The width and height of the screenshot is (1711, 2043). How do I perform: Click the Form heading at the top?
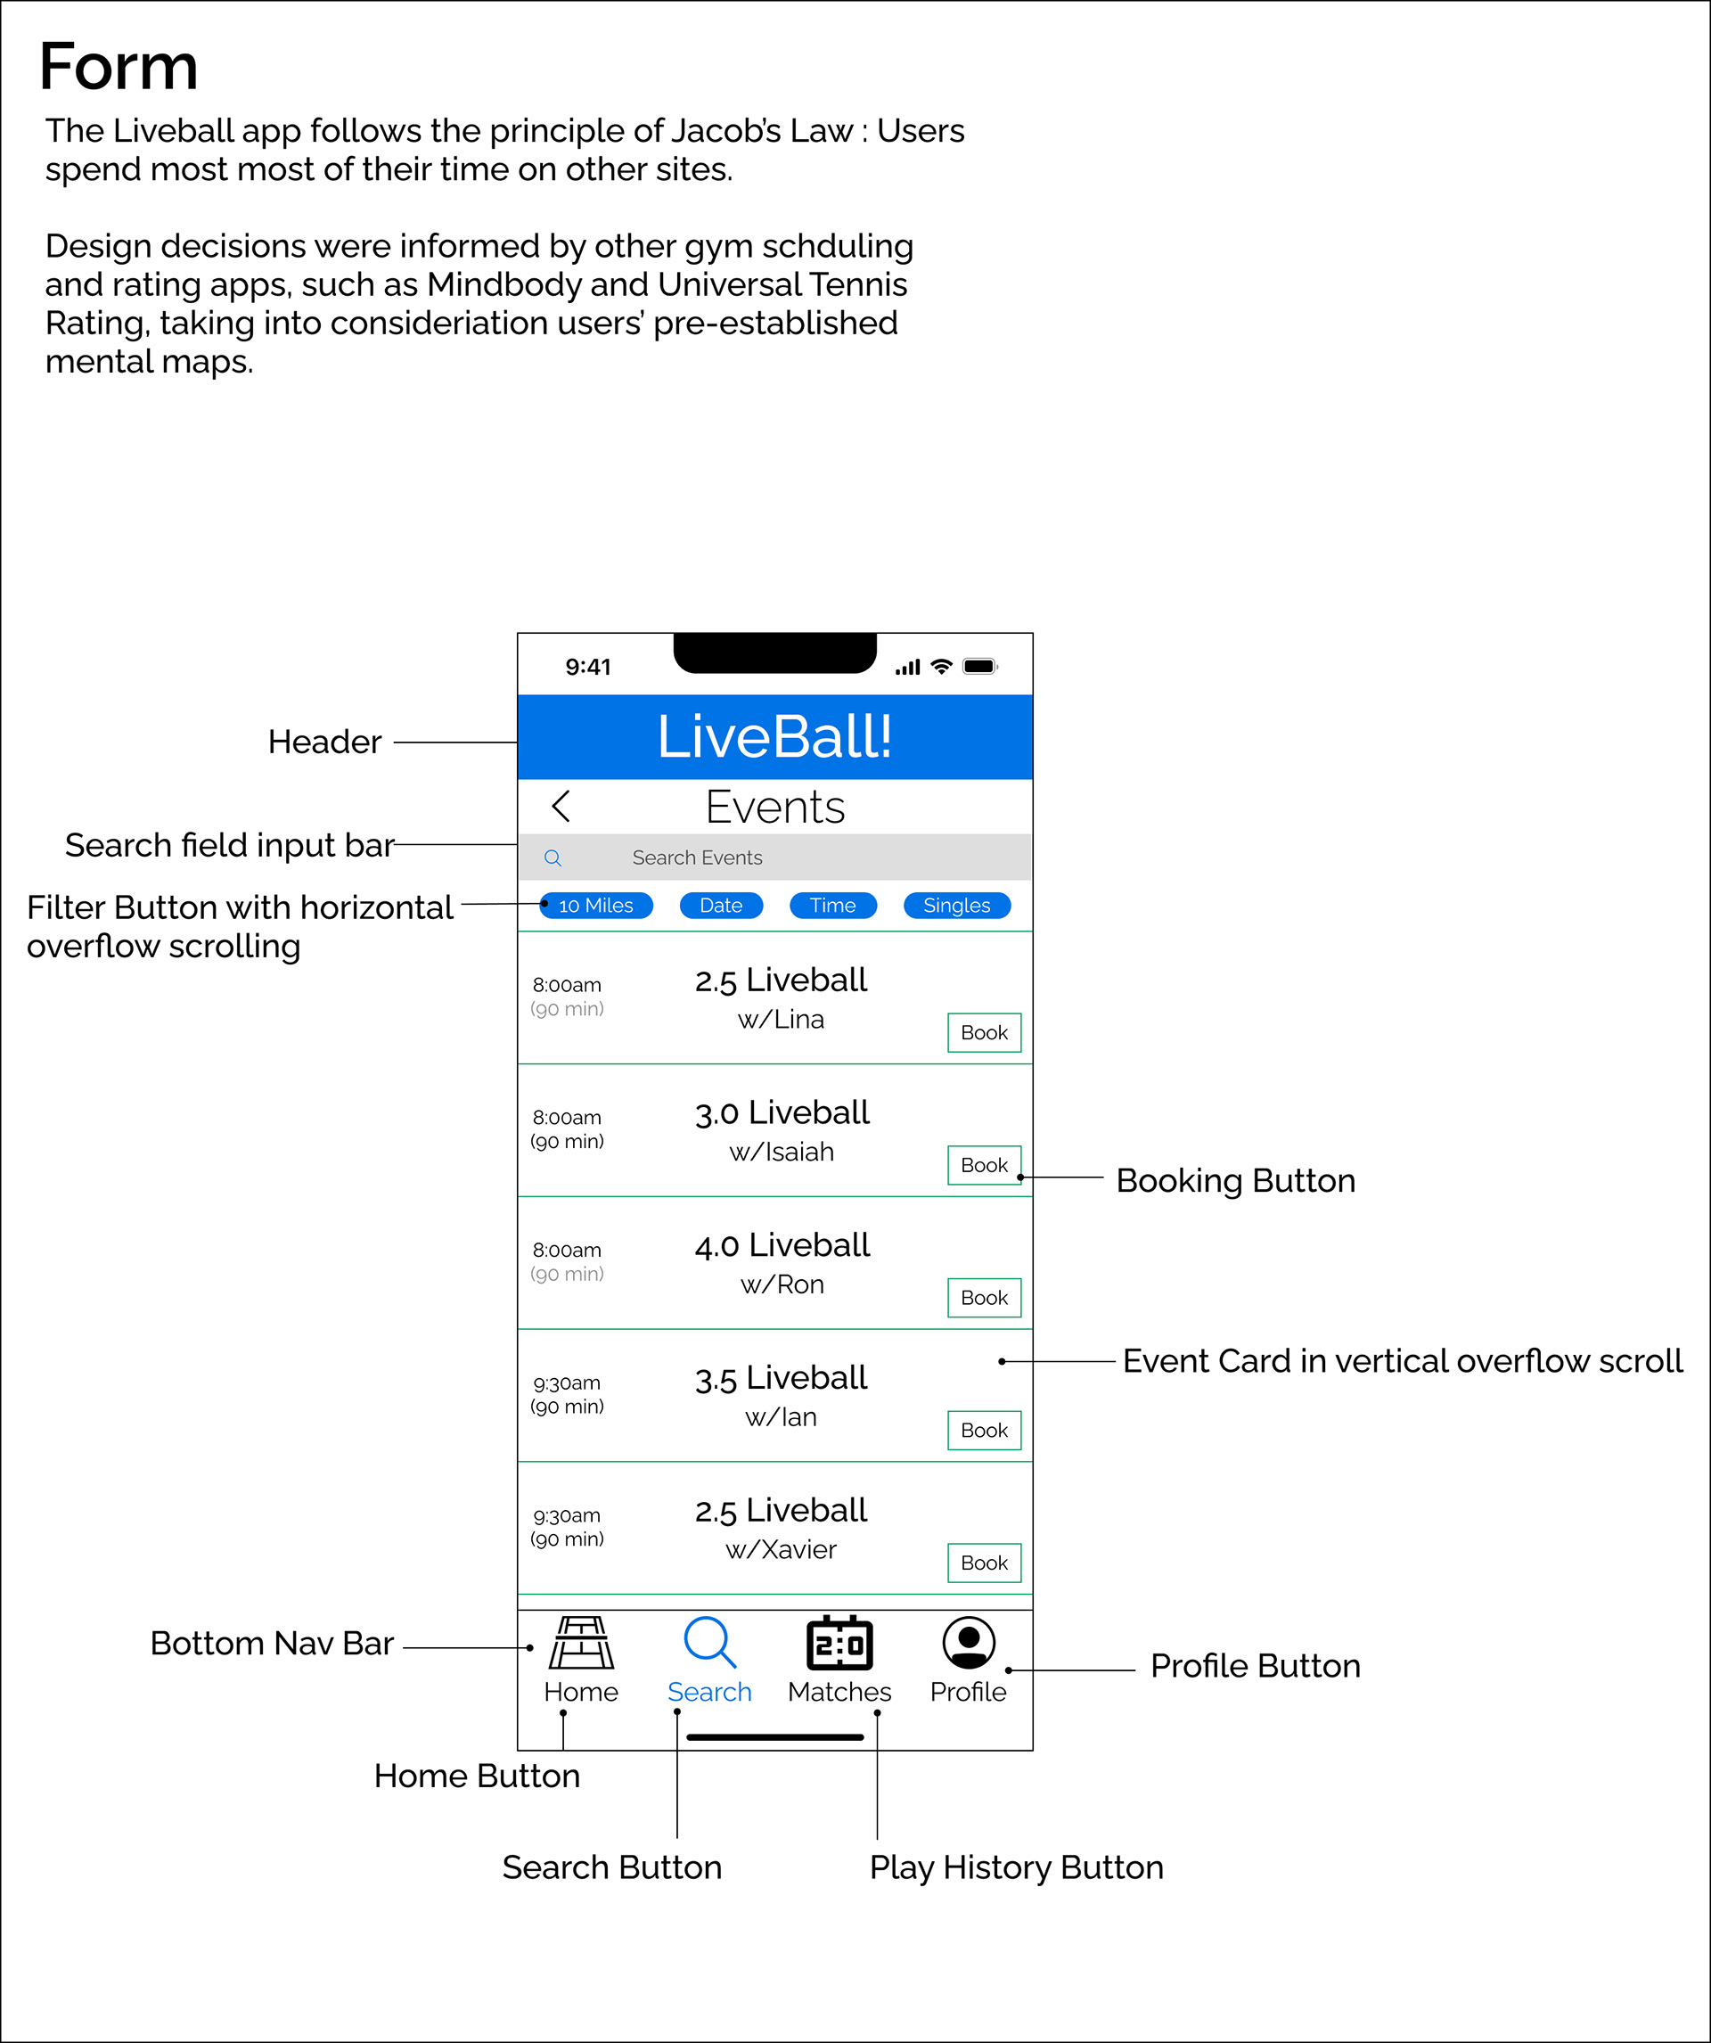[119, 67]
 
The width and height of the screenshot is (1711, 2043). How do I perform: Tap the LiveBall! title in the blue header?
[774, 736]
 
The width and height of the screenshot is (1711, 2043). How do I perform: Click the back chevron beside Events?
[561, 806]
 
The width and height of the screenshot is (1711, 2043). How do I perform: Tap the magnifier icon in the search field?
[553, 857]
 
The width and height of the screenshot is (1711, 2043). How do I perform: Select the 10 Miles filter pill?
[595, 905]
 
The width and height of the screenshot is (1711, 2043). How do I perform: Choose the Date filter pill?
[721, 905]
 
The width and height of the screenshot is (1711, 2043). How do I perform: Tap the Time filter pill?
[832, 905]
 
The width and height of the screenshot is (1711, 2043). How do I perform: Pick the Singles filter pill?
[956, 905]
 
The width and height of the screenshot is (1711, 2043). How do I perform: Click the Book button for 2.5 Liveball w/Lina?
[984, 1032]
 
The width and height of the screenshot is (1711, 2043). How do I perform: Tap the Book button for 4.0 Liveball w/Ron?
[984, 1297]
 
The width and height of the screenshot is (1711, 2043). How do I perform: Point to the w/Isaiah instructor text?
[781, 1152]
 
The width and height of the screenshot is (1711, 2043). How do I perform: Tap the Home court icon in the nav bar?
[581, 1642]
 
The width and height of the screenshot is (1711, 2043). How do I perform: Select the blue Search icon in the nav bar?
[709, 1642]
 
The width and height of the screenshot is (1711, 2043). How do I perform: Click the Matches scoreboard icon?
[839, 1642]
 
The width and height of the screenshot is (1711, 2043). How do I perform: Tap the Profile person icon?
[968, 1642]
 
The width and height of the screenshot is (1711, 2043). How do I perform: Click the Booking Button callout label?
[1235, 1180]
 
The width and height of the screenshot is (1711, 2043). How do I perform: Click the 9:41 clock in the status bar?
[587, 667]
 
